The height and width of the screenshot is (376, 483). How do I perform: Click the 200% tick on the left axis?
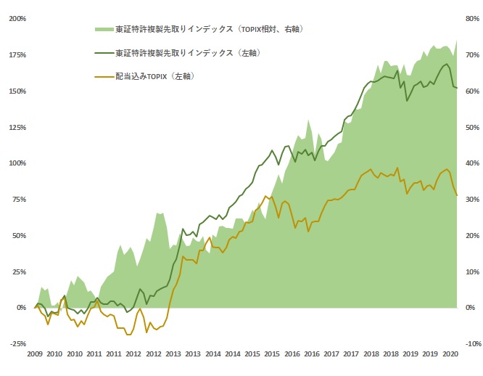pyautogui.click(x=17, y=19)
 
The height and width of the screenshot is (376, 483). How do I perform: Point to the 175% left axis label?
pyautogui.click(x=17, y=55)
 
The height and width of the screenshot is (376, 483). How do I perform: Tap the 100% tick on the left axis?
pyautogui.click(x=17, y=163)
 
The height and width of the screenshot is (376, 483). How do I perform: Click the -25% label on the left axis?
pyautogui.click(x=17, y=344)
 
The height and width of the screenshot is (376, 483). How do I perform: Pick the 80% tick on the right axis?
pyautogui.click(x=471, y=19)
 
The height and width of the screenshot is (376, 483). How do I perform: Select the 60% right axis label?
pyautogui.click(x=471, y=91)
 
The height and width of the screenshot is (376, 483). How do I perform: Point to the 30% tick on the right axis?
pyautogui.click(x=471, y=200)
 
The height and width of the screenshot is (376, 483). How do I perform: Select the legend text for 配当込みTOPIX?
pyautogui.click(x=156, y=75)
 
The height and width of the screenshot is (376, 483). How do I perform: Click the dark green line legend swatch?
pyautogui.click(x=103, y=53)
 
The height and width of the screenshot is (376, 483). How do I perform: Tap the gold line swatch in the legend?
pyautogui.click(x=103, y=75)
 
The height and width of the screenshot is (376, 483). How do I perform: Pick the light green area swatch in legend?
pyautogui.click(x=103, y=30)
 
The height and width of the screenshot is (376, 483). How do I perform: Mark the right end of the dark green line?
pyautogui.click(x=456, y=89)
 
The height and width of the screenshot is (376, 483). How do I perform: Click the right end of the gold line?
pyautogui.click(x=456, y=195)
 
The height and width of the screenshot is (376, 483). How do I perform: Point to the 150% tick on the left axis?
pyautogui.click(x=17, y=91)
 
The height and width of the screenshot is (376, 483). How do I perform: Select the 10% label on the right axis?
pyautogui.click(x=471, y=272)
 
